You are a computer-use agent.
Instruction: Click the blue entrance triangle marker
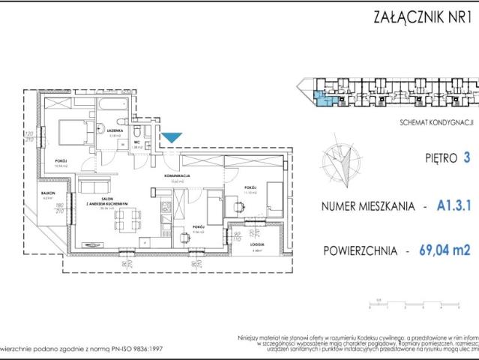(172, 137)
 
